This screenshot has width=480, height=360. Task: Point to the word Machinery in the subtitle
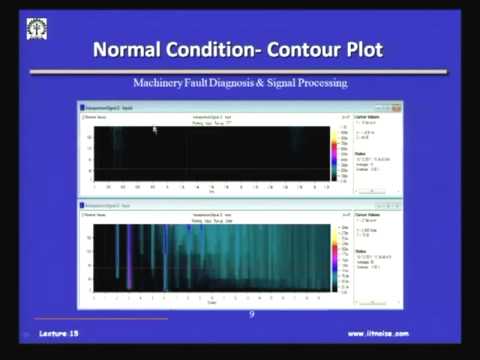[168, 83]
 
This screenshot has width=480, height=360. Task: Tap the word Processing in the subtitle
[325, 83]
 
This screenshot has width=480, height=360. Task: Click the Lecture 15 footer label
[59, 333]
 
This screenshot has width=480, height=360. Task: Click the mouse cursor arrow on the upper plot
[155, 128]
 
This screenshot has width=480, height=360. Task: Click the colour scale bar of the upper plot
[335, 151]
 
